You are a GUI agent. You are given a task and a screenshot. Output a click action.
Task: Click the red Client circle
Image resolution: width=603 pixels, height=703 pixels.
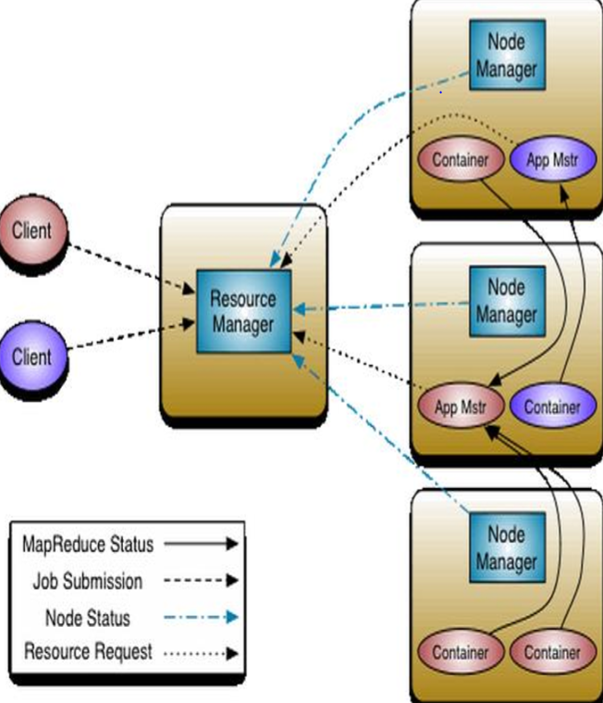click(x=32, y=230)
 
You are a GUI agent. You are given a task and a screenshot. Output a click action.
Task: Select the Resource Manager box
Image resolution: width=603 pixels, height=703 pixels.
click(x=243, y=311)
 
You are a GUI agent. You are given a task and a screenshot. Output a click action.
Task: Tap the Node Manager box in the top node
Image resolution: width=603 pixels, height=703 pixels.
click(x=505, y=56)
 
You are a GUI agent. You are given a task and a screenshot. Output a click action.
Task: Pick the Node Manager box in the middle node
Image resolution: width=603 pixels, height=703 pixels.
click(x=505, y=301)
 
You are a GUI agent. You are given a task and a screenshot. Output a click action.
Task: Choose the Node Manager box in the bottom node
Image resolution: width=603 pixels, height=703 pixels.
click(x=505, y=546)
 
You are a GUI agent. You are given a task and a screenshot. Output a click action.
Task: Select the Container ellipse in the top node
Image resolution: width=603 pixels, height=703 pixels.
click(x=460, y=159)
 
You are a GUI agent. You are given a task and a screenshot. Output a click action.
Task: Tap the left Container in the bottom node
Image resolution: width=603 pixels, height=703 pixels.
click(x=460, y=652)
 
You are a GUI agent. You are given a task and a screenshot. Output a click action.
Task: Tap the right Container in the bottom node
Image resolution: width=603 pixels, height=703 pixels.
click(x=552, y=652)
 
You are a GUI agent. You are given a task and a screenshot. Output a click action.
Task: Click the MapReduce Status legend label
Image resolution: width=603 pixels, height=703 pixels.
click(x=88, y=545)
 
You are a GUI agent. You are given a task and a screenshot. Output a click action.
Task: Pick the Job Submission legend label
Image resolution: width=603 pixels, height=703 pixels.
click(x=88, y=582)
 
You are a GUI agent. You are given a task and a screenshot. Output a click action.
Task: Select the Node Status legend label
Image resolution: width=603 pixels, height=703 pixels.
click(x=88, y=617)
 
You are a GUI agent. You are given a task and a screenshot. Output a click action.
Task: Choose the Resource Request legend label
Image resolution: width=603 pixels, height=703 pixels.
click(x=88, y=652)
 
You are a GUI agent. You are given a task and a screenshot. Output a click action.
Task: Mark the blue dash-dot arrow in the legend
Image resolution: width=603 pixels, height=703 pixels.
click(x=200, y=618)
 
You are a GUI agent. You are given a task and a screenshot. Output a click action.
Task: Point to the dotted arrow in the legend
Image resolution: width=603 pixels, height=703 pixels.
click(x=200, y=653)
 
